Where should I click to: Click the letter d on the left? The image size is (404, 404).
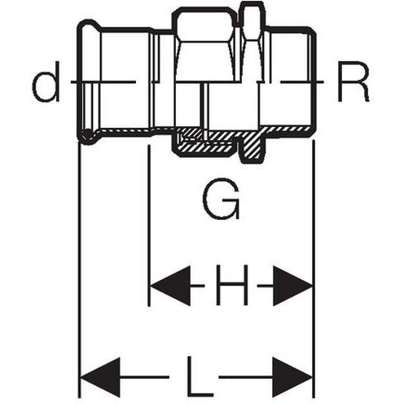coord(46,81)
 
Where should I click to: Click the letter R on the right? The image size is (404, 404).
coord(353,81)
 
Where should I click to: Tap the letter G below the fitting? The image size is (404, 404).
coord(222,199)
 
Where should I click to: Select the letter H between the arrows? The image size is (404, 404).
coord(231,285)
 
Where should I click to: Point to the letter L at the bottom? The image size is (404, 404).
coord(200,376)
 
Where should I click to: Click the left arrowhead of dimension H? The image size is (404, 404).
coord(170,286)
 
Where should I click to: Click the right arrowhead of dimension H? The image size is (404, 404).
coord(292,286)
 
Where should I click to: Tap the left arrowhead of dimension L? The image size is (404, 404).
coord(100,377)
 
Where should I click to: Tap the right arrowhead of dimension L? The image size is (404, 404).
coord(292,377)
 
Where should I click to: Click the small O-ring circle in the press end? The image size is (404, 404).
coord(88,134)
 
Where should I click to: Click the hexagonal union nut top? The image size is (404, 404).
coord(204,24)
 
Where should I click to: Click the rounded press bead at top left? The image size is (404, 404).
coord(89,25)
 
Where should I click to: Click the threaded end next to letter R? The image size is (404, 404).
coord(292,79)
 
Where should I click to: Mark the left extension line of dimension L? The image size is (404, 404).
coord(79,270)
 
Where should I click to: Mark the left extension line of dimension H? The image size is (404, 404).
coord(149,226)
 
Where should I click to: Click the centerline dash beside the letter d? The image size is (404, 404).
coord(103,81)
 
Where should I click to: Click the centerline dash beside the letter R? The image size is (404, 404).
coord(302,81)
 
